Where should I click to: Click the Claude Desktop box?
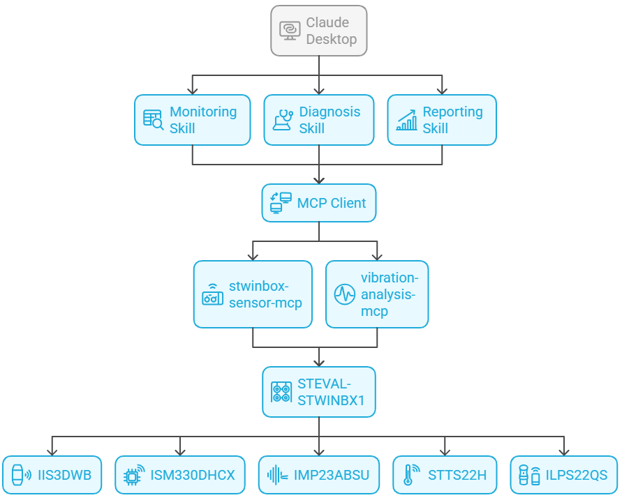coord(319,31)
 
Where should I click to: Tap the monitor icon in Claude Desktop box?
coord(290,31)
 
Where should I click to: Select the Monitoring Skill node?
coord(192,120)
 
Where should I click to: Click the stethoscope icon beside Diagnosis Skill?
coord(283,120)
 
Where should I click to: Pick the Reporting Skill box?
coord(442,120)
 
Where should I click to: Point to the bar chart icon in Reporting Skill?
coord(406,120)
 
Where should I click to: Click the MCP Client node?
coord(319,203)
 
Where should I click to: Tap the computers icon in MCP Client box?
coord(281,203)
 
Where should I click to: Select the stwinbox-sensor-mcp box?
coord(253,294)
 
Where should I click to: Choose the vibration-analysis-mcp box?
coord(378,294)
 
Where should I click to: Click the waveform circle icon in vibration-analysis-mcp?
coord(344,294)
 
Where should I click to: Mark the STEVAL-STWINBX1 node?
coord(319,393)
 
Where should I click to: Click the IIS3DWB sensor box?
coord(52,476)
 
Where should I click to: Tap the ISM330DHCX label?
coord(193,476)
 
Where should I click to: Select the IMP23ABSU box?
coord(319,476)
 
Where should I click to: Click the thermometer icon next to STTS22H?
coord(409,476)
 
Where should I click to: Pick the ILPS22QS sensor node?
coord(564,476)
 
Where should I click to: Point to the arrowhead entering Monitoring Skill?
coord(193,91)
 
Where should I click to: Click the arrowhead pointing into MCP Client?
coord(319,180)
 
